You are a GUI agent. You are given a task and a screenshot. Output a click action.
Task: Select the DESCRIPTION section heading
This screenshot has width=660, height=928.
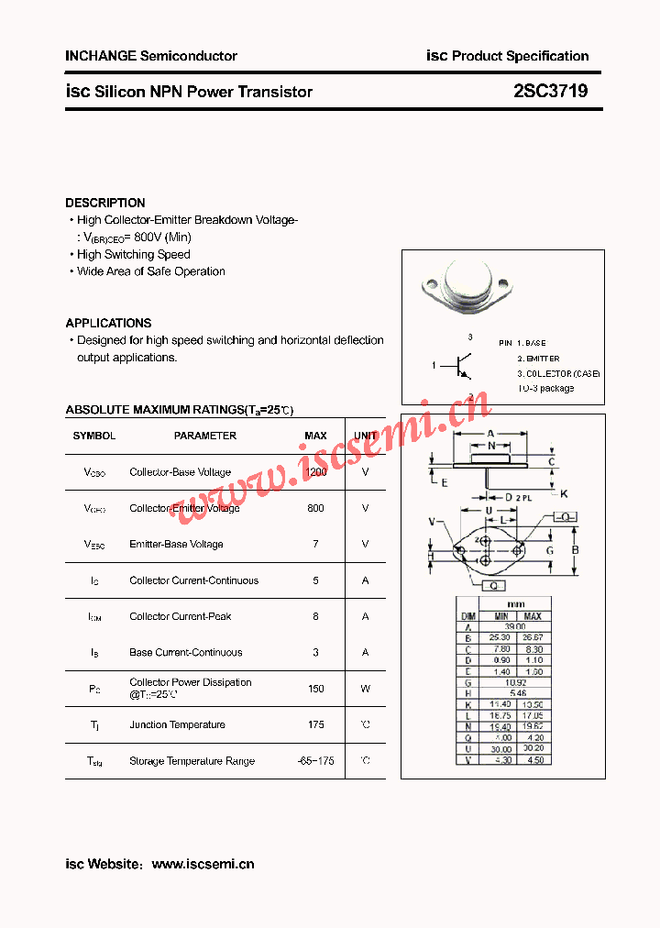point(104,203)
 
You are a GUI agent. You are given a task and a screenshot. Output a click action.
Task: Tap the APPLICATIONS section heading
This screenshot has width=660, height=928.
point(108,323)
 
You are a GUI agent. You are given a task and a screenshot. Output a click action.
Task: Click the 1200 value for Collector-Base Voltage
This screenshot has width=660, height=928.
point(315,472)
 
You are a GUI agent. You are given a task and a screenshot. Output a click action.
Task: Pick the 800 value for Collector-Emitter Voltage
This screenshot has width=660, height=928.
point(315,508)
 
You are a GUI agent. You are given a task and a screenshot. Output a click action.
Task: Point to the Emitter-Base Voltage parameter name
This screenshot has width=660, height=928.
point(176,544)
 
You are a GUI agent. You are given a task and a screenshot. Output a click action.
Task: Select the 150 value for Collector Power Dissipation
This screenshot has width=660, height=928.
point(315,688)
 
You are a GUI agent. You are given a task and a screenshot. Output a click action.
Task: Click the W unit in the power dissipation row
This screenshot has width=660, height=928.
point(365,688)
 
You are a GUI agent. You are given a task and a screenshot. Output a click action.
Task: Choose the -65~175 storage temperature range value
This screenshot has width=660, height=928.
point(315,761)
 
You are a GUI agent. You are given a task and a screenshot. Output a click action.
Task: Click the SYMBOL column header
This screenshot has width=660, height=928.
point(94,436)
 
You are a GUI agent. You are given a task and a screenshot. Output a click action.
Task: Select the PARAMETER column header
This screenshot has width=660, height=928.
point(205,436)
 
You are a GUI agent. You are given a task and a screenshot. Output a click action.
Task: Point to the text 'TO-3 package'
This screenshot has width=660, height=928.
point(546,388)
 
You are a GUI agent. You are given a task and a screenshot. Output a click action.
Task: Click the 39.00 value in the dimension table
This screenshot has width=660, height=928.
point(517,626)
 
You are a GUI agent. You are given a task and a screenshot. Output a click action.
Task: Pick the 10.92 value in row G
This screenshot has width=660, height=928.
point(517,682)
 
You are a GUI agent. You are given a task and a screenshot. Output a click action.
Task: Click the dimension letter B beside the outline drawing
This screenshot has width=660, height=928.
point(575,550)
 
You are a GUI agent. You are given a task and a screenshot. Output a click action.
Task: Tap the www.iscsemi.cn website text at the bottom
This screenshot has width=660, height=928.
point(203,864)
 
